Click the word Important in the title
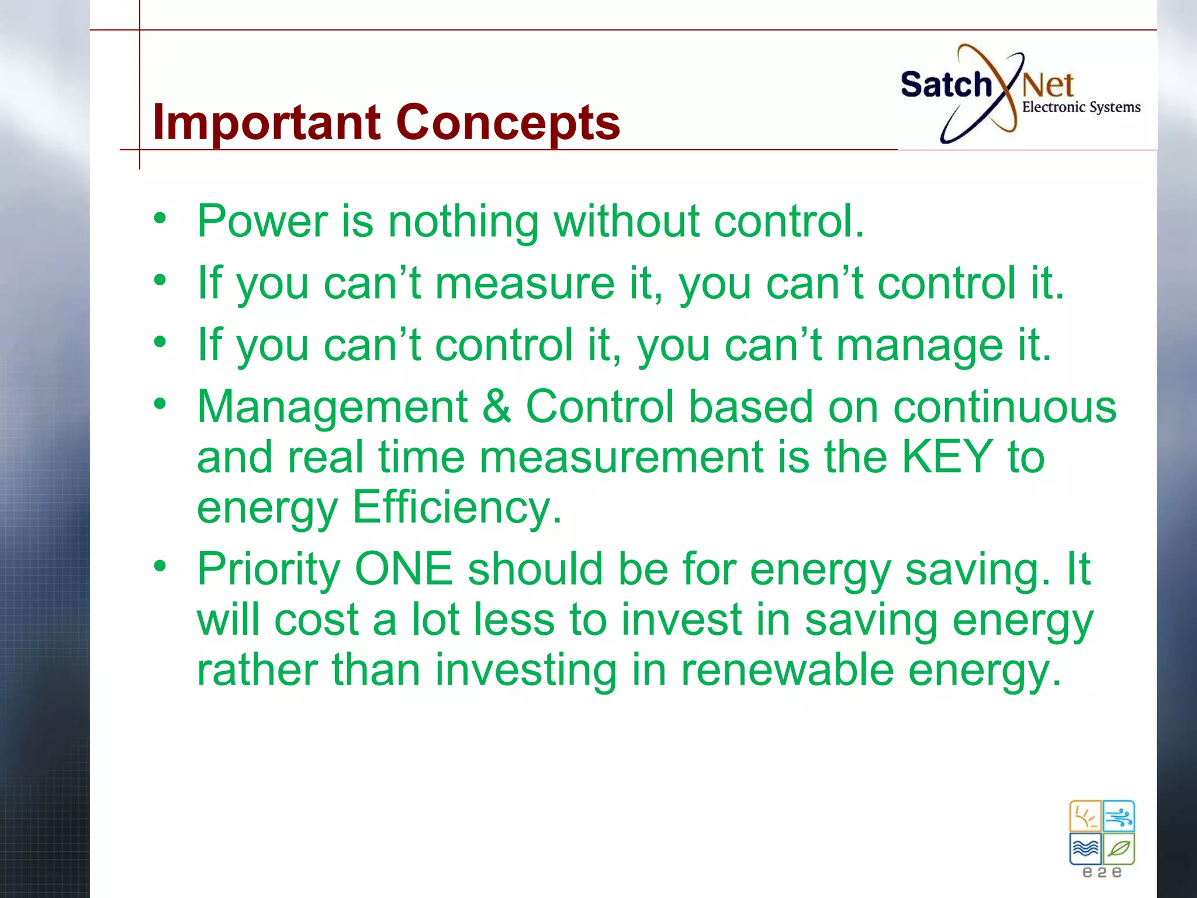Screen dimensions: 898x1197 (267, 123)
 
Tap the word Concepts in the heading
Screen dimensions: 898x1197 (508, 123)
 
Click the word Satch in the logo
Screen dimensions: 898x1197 (945, 85)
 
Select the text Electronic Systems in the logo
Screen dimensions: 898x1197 (1081, 108)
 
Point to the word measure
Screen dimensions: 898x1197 (524, 284)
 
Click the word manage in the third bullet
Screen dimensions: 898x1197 (919, 346)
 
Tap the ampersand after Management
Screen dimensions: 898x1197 (496, 407)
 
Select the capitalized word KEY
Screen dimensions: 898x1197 (946, 457)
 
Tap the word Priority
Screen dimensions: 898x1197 (268, 570)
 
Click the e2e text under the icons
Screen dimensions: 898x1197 (1102, 873)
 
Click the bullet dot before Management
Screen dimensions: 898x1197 (160, 403)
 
